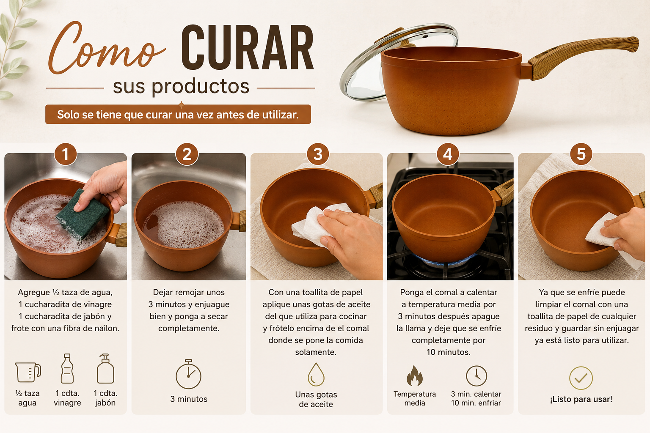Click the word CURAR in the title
(248, 47)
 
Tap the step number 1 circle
(66, 154)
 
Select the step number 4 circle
(448, 154)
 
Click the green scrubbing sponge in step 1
(83, 214)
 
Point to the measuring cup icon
(28, 373)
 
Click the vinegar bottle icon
(67, 369)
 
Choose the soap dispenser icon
(105, 369)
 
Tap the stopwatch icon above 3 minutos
(189, 374)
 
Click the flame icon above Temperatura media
(415, 376)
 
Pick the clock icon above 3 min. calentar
(476, 376)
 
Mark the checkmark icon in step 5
(581, 378)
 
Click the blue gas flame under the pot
(448, 261)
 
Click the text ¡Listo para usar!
(581, 399)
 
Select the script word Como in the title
(106, 48)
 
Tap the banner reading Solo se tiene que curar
(178, 115)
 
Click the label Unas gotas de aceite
(316, 399)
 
